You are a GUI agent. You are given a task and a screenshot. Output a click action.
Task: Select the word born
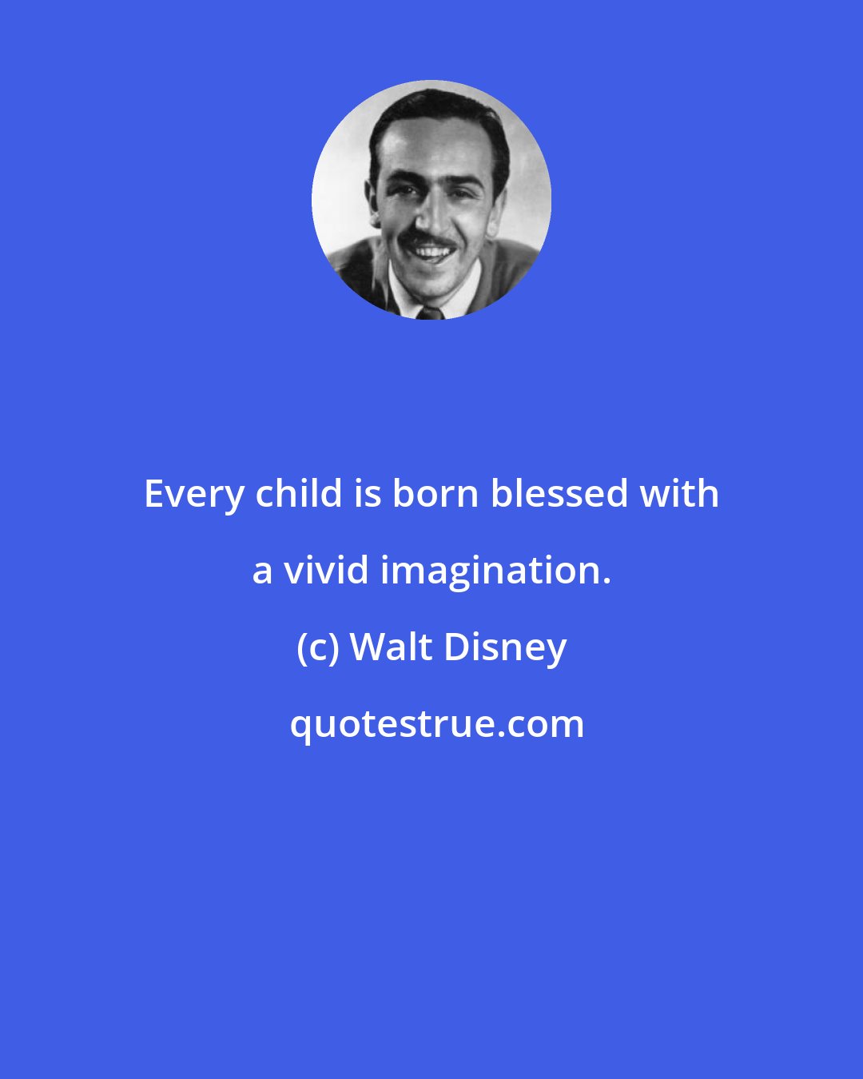(435, 493)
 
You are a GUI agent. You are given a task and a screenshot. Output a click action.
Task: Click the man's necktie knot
(430, 313)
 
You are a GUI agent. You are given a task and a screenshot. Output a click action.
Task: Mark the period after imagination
(606, 582)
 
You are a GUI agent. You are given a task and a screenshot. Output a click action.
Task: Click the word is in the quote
(374, 494)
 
